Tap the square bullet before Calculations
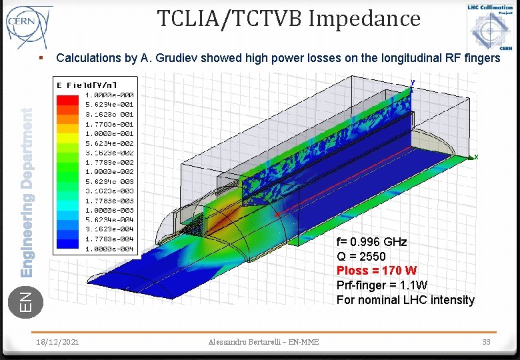(41, 58)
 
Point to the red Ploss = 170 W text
(377, 271)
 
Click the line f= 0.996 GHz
(371, 241)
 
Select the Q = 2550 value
(361, 256)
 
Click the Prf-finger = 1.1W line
(381, 285)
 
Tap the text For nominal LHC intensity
(405, 300)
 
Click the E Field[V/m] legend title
(87, 85)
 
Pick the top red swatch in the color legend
(67, 99)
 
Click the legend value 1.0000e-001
(109, 133)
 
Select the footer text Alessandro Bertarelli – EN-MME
(263, 342)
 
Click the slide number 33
(486, 342)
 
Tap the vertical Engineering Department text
(27, 193)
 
